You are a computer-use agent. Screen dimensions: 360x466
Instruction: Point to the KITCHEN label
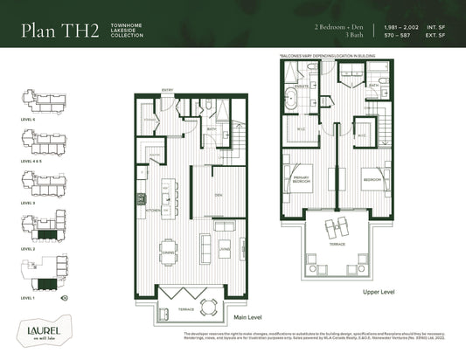pos(152,211)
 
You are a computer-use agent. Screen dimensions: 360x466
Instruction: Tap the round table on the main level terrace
pos(207,306)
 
